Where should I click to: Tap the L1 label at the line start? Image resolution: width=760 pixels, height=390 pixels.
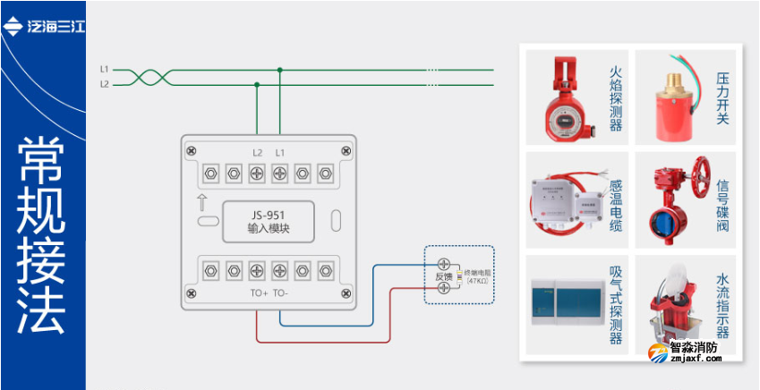(x=105, y=69)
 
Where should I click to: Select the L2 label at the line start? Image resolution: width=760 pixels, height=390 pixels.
(x=105, y=85)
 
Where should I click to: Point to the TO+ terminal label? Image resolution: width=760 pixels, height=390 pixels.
(x=259, y=292)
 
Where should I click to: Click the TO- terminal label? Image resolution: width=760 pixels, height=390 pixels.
(x=280, y=292)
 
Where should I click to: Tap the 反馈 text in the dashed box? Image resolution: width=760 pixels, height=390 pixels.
(x=443, y=277)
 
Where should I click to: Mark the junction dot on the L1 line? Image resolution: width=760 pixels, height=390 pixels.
(x=280, y=69)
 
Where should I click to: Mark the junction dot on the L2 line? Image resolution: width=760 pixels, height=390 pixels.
(x=258, y=85)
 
